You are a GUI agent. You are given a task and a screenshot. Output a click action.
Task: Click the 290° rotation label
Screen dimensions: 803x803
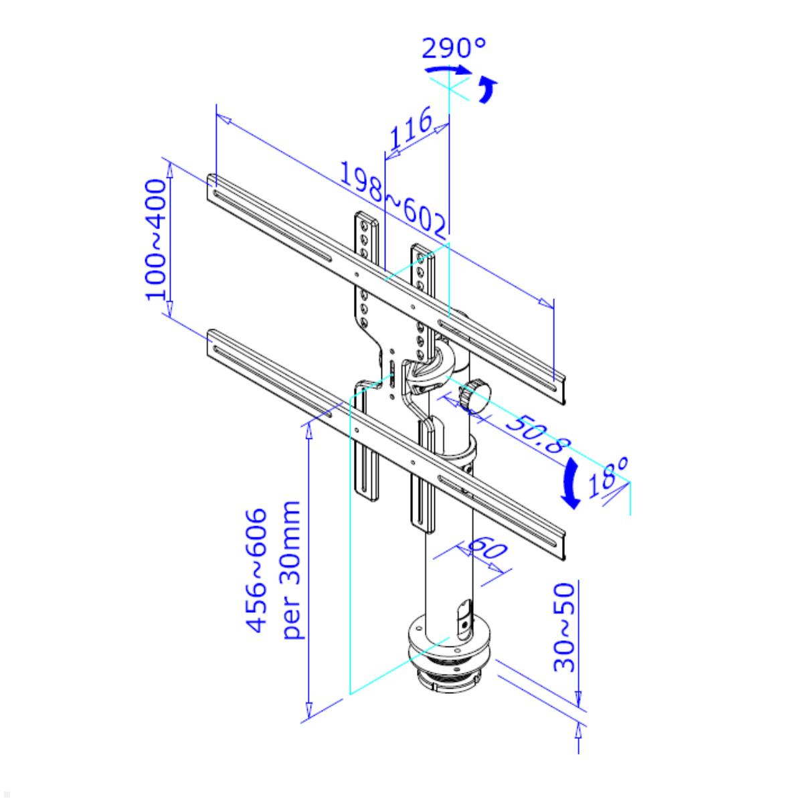click(454, 48)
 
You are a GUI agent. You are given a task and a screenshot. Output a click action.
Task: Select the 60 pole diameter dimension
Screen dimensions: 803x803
click(486, 551)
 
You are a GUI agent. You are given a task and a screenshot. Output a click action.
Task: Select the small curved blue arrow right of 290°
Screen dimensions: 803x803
click(488, 90)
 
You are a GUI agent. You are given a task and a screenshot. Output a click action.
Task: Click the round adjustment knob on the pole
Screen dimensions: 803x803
click(477, 395)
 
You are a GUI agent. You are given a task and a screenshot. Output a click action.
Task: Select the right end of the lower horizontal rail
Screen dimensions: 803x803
click(559, 543)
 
